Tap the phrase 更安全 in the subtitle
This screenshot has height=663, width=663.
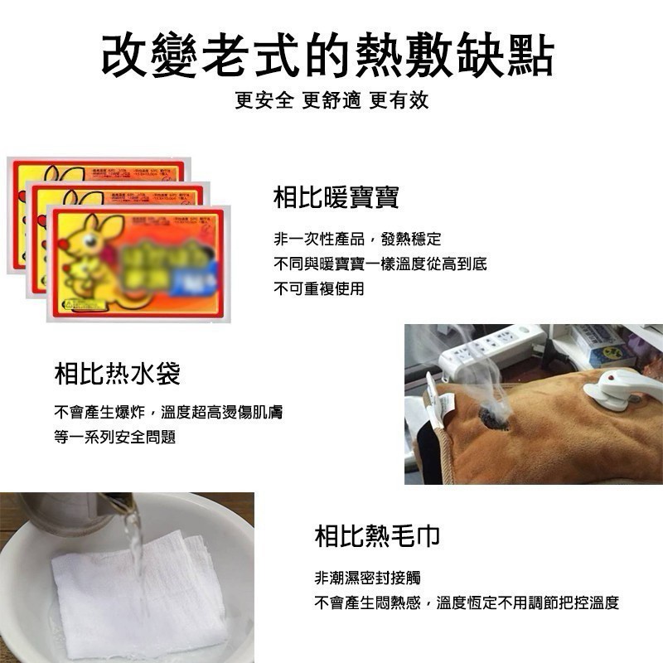tap(264, 101)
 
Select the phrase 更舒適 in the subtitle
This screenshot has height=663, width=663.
tap(331, 101)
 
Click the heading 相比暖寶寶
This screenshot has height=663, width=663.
tap(336, 197)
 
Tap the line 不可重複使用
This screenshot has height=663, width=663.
tap(319, 288)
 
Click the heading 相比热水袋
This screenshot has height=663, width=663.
tap(117, 375)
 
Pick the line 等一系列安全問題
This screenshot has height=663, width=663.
tap(115, 437)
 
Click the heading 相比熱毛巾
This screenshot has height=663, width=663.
tap(377, 536)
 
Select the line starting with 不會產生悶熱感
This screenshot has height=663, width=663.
tap(467, 603)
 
